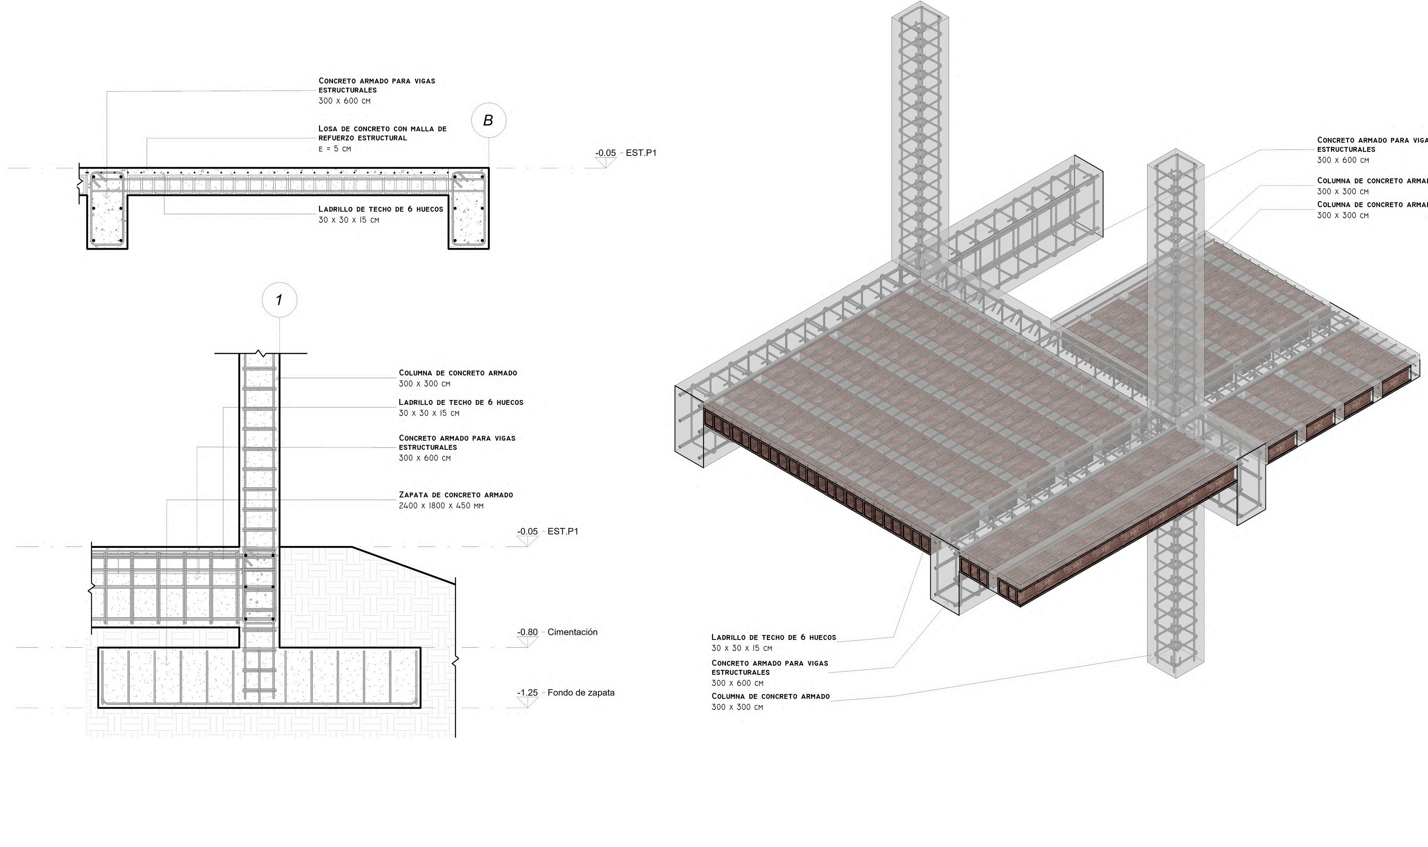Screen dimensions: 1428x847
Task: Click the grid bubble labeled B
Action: [x=489, y=121]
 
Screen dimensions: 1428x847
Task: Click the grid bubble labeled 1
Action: [x=279, y=300]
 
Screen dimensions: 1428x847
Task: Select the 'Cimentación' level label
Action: [x=572, y=632]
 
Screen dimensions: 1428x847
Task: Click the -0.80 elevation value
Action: [x=527, y=632]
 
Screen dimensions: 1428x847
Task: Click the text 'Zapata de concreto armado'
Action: [x=455, y=495]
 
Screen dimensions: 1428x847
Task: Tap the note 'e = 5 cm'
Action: [x=334, y=149]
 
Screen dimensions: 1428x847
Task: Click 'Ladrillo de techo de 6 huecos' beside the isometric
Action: [x=773, y=637]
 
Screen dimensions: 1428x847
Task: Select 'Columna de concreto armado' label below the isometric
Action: [x=771, y=696]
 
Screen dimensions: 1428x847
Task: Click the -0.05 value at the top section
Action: [x=606, y=153]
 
